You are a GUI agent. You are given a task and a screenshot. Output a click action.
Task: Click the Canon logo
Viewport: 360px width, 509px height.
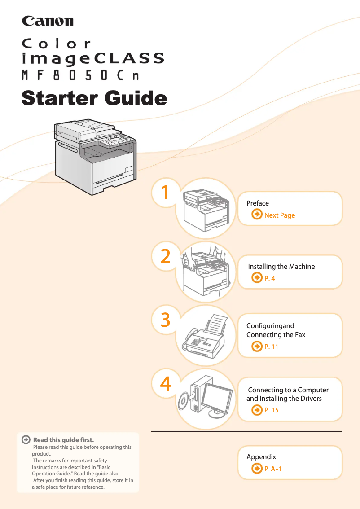[x=48, y=21]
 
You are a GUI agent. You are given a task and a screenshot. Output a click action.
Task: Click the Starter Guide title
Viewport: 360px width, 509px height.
[x=94, y=98]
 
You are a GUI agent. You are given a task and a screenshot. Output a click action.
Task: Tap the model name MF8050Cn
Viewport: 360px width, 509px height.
[x=80, y=75]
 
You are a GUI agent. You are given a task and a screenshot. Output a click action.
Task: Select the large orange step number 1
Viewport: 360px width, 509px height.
[x=165, y=193]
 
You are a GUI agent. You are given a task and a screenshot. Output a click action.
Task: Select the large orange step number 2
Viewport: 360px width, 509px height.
[x=165, y=256]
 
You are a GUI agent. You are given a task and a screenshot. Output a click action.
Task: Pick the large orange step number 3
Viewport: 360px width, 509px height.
[x=165, y=320]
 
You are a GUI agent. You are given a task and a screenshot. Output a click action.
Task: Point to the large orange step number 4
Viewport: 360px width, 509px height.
[x=165, y=384]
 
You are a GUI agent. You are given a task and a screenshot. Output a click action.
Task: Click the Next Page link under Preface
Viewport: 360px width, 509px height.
[x=279, y=215]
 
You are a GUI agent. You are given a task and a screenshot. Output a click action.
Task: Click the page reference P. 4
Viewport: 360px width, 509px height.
[x=269, y=279]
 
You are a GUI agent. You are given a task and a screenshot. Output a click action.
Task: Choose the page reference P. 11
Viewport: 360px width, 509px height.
[x=271, y=347]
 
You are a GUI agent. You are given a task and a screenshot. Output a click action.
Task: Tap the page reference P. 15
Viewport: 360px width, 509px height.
[x=271, y=410]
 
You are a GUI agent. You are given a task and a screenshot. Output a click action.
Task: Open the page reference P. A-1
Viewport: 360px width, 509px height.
[x=273, y=469]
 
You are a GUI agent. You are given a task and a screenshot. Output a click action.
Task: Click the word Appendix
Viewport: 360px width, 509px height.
[x=261, y=457]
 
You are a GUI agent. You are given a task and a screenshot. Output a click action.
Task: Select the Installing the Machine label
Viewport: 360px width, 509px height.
[x=281, y=267]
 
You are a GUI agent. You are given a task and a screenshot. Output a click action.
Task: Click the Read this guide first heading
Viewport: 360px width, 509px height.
[x=63, y=440]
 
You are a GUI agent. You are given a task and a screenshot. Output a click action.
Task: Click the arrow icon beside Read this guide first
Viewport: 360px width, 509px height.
[x=27, y=440]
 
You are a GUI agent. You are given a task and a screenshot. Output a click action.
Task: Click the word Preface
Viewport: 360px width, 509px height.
[x=258, y=203]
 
